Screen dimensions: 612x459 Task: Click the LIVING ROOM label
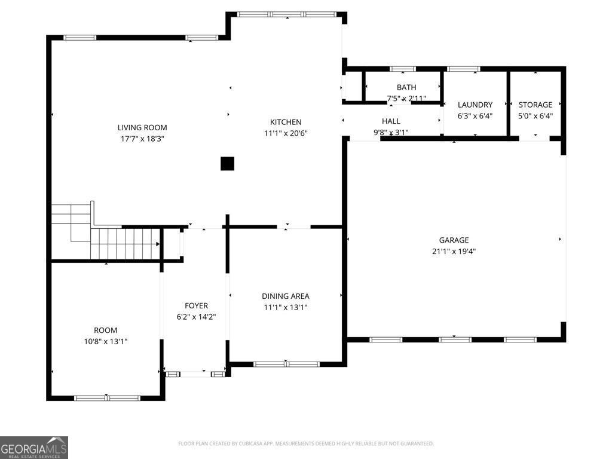142,128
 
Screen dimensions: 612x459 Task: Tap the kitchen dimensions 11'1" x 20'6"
286,133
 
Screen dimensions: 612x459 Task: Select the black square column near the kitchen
228,164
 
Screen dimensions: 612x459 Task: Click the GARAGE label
454,240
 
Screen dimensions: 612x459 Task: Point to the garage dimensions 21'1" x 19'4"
454,252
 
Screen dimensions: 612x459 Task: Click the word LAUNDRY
475,105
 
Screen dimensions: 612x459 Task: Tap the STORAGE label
535,105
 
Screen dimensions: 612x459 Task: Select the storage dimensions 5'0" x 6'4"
535,116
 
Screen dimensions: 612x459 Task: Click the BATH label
406,87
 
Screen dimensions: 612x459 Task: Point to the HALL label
391,121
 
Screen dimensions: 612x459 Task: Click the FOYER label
196,305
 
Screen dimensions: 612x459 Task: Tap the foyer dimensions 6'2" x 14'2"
196,317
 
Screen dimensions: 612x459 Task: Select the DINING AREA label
286,296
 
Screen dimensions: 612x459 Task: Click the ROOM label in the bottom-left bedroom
105,330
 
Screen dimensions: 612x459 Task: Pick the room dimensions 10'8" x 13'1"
105,341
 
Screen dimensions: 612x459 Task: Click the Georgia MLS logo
34,448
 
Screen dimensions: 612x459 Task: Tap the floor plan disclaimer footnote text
305,443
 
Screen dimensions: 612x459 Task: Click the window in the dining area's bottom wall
286,365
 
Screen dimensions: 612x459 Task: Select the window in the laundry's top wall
463,69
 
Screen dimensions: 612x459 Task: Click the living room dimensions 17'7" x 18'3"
142,139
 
